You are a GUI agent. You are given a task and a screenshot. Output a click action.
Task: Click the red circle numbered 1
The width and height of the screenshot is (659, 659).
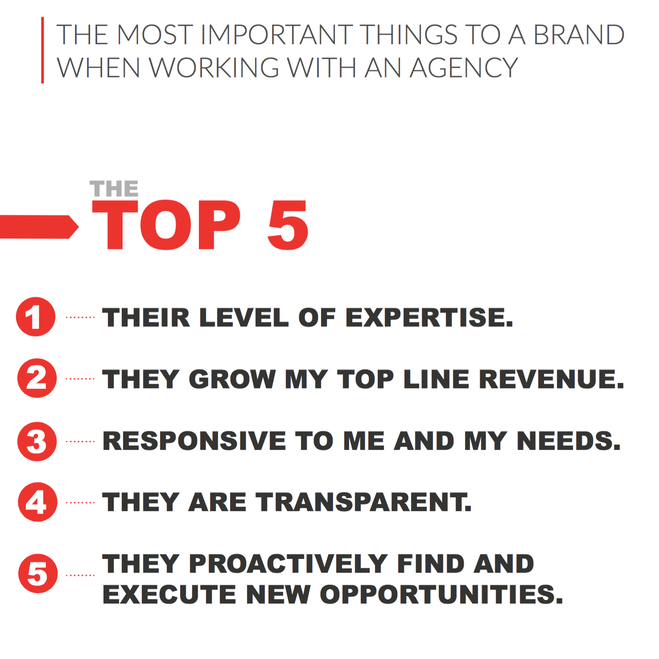pyautogui.click(x=36, y=317)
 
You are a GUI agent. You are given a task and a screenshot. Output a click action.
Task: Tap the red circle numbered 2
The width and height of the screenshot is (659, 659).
pyautogui.click(x=37, y=378)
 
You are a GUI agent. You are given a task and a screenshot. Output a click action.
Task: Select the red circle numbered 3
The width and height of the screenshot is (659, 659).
pyautogui.click(x=37, y=441)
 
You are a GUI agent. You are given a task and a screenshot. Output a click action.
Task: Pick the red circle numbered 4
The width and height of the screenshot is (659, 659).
pyautogui.click(x=37, y=502)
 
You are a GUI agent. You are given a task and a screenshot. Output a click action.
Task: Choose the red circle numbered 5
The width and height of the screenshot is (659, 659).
pyautogui.click(x=38, y=573)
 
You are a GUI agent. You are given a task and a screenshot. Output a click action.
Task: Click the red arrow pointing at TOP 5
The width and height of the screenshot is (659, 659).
pyautogui.click(x=38, y=227)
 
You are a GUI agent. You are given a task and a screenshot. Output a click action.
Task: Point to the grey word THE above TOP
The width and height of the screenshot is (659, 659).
pyautogui.click(x=114, y=189)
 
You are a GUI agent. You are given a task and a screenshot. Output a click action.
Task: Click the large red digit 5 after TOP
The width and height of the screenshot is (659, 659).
pyautogui.click(x=288, y=225)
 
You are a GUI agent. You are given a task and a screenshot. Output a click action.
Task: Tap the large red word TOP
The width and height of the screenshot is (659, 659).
pyautogui.click(x=166, y=225)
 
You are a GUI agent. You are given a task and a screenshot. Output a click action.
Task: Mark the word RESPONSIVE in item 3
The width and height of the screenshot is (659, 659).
pyautogui.click(x=194, y=441)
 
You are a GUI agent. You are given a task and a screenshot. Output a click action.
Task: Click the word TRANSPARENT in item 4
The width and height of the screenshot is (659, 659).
pyautogui.click(x=363, y=502)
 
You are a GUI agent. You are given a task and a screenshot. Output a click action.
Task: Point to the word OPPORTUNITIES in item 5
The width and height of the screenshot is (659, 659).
pyautogui.click(x=441, y=594)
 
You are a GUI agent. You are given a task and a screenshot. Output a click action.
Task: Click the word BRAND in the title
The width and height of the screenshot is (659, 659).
pyautogui.click(x=579, y=35)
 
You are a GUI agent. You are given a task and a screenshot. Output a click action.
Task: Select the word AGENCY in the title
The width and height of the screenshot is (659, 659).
pyautogui.click(x=464, y=68)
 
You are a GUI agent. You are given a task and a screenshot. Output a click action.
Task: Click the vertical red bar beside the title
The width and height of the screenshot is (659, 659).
pyautogui.click(x=43, y=50)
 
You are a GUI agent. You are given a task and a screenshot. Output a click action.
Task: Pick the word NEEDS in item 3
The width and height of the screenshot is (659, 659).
pyautogui.click(x=568, y=441)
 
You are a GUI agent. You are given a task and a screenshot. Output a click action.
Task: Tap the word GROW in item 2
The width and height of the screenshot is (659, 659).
pyautogui.click(x=232, y=379)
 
